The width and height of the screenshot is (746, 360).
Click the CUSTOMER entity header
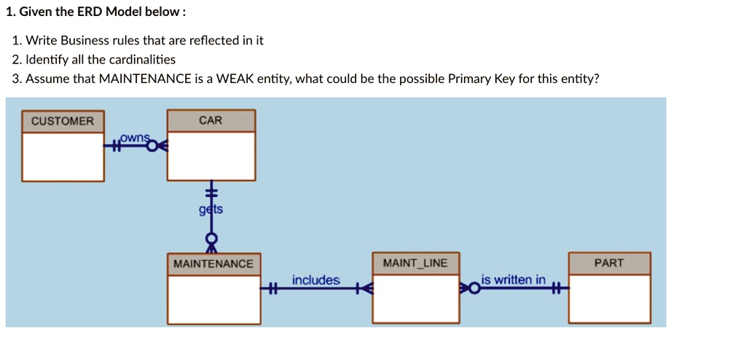[x=63, y=121]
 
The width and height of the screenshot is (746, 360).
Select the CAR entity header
[x=211, y=120]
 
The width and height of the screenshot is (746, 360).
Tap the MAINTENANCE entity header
[x=213, y=264]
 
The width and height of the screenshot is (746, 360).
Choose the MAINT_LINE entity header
[x=415, y=263]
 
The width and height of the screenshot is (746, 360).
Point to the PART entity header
[x=609, y=263]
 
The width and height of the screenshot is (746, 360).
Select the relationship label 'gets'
[x=211, y=210]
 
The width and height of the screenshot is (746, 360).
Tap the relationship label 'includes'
[x=315, y=281]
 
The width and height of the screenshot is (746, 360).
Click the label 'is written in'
[x=513, y=280]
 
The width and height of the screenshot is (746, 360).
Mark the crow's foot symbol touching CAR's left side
[x=162, y=146]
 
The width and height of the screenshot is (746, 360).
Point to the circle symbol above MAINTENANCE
[x=211, y=238]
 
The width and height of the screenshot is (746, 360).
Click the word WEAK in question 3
[x=232, y=79]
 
